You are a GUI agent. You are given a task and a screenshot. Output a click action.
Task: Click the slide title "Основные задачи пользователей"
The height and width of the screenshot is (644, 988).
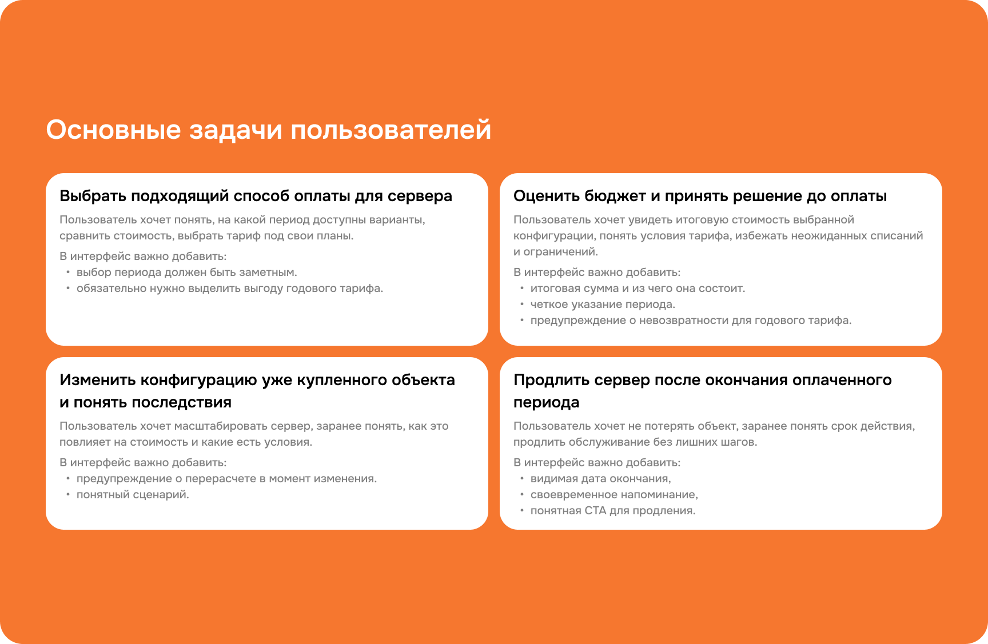(x=268, y=130)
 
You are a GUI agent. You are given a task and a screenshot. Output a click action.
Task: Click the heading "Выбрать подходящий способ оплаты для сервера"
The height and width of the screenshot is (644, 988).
(x=256, y=196)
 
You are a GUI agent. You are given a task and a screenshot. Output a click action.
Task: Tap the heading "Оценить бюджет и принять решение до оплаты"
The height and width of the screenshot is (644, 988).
(x=700, y=196)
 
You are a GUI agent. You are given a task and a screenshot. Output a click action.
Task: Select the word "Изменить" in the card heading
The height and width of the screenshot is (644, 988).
(x=98, y=380)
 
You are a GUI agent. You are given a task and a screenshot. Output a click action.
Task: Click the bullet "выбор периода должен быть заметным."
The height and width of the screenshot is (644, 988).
(x=186, y=273)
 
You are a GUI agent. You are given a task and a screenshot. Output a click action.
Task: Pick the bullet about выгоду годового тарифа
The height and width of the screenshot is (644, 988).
(x=229, y=289)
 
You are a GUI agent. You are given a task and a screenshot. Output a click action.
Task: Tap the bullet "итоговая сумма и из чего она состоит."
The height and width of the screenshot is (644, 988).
(x=638, y=289)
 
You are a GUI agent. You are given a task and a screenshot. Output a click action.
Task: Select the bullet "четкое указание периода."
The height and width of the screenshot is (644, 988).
(x=603, y=305)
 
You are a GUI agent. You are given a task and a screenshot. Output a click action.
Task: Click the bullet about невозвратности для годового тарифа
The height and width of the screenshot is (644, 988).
(x=691, y=321)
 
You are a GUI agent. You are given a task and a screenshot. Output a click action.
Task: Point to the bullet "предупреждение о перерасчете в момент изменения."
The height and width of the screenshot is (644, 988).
(x=226, y=479)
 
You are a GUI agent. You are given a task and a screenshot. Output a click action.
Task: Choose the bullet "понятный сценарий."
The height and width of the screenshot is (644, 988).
(x=133, y=495)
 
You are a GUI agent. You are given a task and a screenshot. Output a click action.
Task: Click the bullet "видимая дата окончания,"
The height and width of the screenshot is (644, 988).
(x=600, y=479)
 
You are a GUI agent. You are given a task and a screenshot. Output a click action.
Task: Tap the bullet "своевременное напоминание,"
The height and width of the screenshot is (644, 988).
(x=614, y=495)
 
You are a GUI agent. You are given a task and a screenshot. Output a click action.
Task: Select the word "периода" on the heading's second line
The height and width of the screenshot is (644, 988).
(x=546, y=402)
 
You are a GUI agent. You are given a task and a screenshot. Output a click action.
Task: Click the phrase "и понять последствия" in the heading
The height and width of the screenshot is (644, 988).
(x=145, y=402)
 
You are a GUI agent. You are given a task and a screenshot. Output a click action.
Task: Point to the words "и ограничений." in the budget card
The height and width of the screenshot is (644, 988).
(x=555, y=252)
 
